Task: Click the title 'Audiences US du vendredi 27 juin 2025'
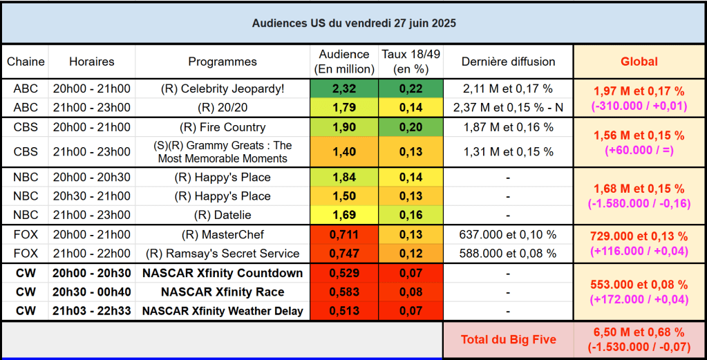[x=353, y=23]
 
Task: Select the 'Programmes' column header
[x=223, y=61]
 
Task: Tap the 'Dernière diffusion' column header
[x=508, y=61]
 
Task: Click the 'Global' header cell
[x=639, y=61]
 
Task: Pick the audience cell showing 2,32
[x=344, y=88]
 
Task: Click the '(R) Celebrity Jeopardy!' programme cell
[x=223, y=88]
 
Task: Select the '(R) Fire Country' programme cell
[x=223, y=127]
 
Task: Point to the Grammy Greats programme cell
[x=223, y=151]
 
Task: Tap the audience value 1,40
[x=344, y=151]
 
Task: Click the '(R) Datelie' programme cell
[x=223, y=215]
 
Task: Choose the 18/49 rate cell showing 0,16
[x=411, y=215]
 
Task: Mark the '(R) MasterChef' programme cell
[x=223, y=234]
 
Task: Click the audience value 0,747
[x=344, y=253]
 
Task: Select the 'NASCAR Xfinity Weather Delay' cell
[x=223, y=311]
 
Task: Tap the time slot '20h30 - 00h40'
[x=91, y=292]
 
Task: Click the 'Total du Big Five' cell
[x=508, y=340]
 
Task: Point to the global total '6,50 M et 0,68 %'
[x=639, y=332]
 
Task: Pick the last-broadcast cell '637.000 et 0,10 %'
[x=508, y=234]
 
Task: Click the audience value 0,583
[x=344, y=292]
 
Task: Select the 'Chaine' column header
[x=26, y=61]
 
